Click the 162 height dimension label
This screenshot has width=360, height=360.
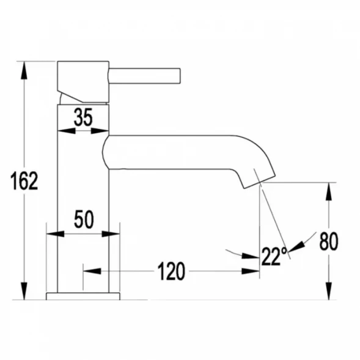point(24,181)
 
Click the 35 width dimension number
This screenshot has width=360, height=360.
point(83,117)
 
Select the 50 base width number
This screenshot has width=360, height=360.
point(84,219)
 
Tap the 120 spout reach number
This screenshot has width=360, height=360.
point(171,271)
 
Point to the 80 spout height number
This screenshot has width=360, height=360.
point(329,241)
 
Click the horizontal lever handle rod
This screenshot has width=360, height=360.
point(144,76)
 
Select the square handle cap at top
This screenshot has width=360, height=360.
point(83,81)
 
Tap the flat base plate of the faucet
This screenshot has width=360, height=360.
point(83,296)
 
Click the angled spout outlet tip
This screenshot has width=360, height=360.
point(259,182)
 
